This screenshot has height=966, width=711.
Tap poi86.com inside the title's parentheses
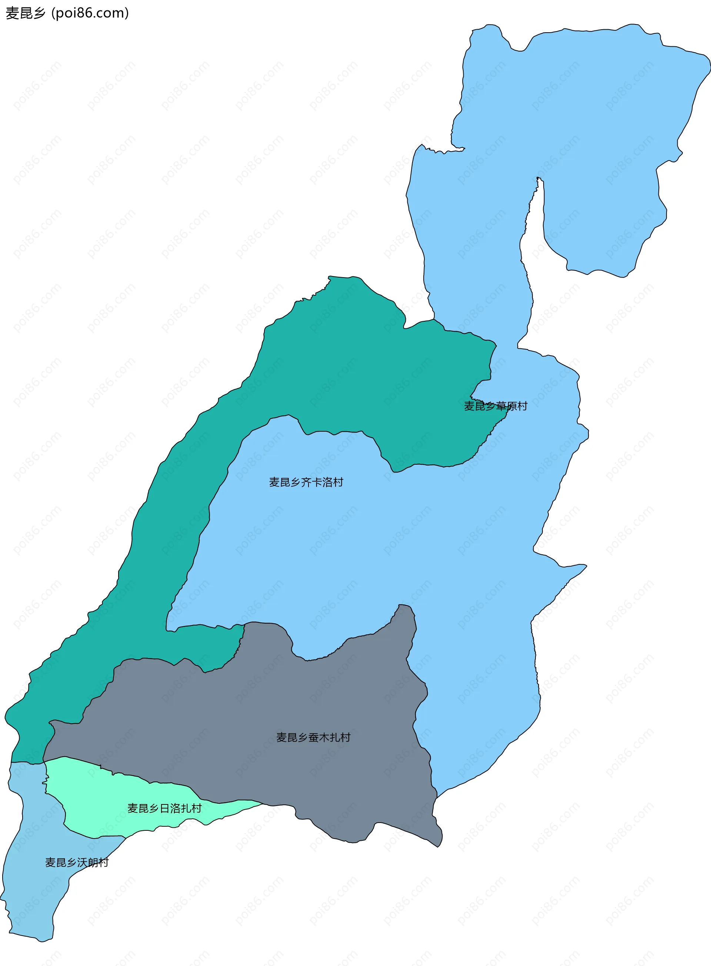90,13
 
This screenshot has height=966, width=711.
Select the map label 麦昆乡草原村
495,406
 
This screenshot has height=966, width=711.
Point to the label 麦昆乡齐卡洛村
306,482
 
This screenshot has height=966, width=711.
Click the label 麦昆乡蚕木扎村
313,737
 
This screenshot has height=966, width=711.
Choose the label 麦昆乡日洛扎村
164,809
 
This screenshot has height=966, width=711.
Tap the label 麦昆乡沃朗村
77,863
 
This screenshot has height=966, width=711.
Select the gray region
258,711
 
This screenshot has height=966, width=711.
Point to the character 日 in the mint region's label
164,809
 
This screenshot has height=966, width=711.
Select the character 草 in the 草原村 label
501,406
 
